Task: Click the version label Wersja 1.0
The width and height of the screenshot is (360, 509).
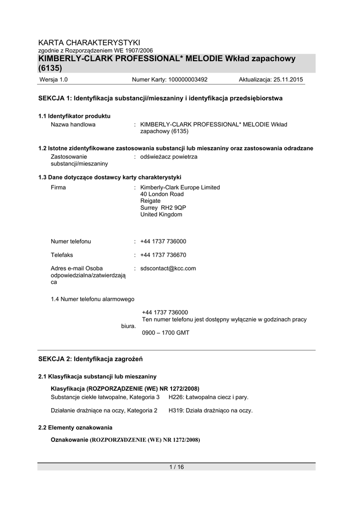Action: (x=53, y=80)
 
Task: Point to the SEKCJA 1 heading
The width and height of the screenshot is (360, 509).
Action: (x=160, y=98)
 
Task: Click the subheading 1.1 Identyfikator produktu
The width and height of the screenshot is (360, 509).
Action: (x=74, y=116)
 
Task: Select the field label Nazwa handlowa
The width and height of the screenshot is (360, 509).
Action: (x=73, y=124)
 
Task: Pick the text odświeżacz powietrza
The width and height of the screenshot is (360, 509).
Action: (x=169, y=157)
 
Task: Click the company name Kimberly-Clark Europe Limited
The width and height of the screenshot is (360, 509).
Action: (x=180, y=187)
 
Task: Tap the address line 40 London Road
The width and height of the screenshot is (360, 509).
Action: (x=162, y=194)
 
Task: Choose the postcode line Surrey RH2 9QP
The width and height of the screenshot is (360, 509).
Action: (x=164, y=208)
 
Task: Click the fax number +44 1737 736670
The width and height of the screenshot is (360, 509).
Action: (x=163, y=254)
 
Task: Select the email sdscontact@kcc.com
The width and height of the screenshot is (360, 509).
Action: (x=168, y=268)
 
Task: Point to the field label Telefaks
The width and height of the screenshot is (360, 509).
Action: (x=62, y=254)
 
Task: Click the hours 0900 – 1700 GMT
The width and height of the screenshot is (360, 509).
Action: (x=166, y=333)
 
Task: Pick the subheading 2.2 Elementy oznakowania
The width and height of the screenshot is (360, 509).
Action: (x=75, y=427)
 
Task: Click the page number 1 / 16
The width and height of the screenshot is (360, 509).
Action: (x=177, y=467)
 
